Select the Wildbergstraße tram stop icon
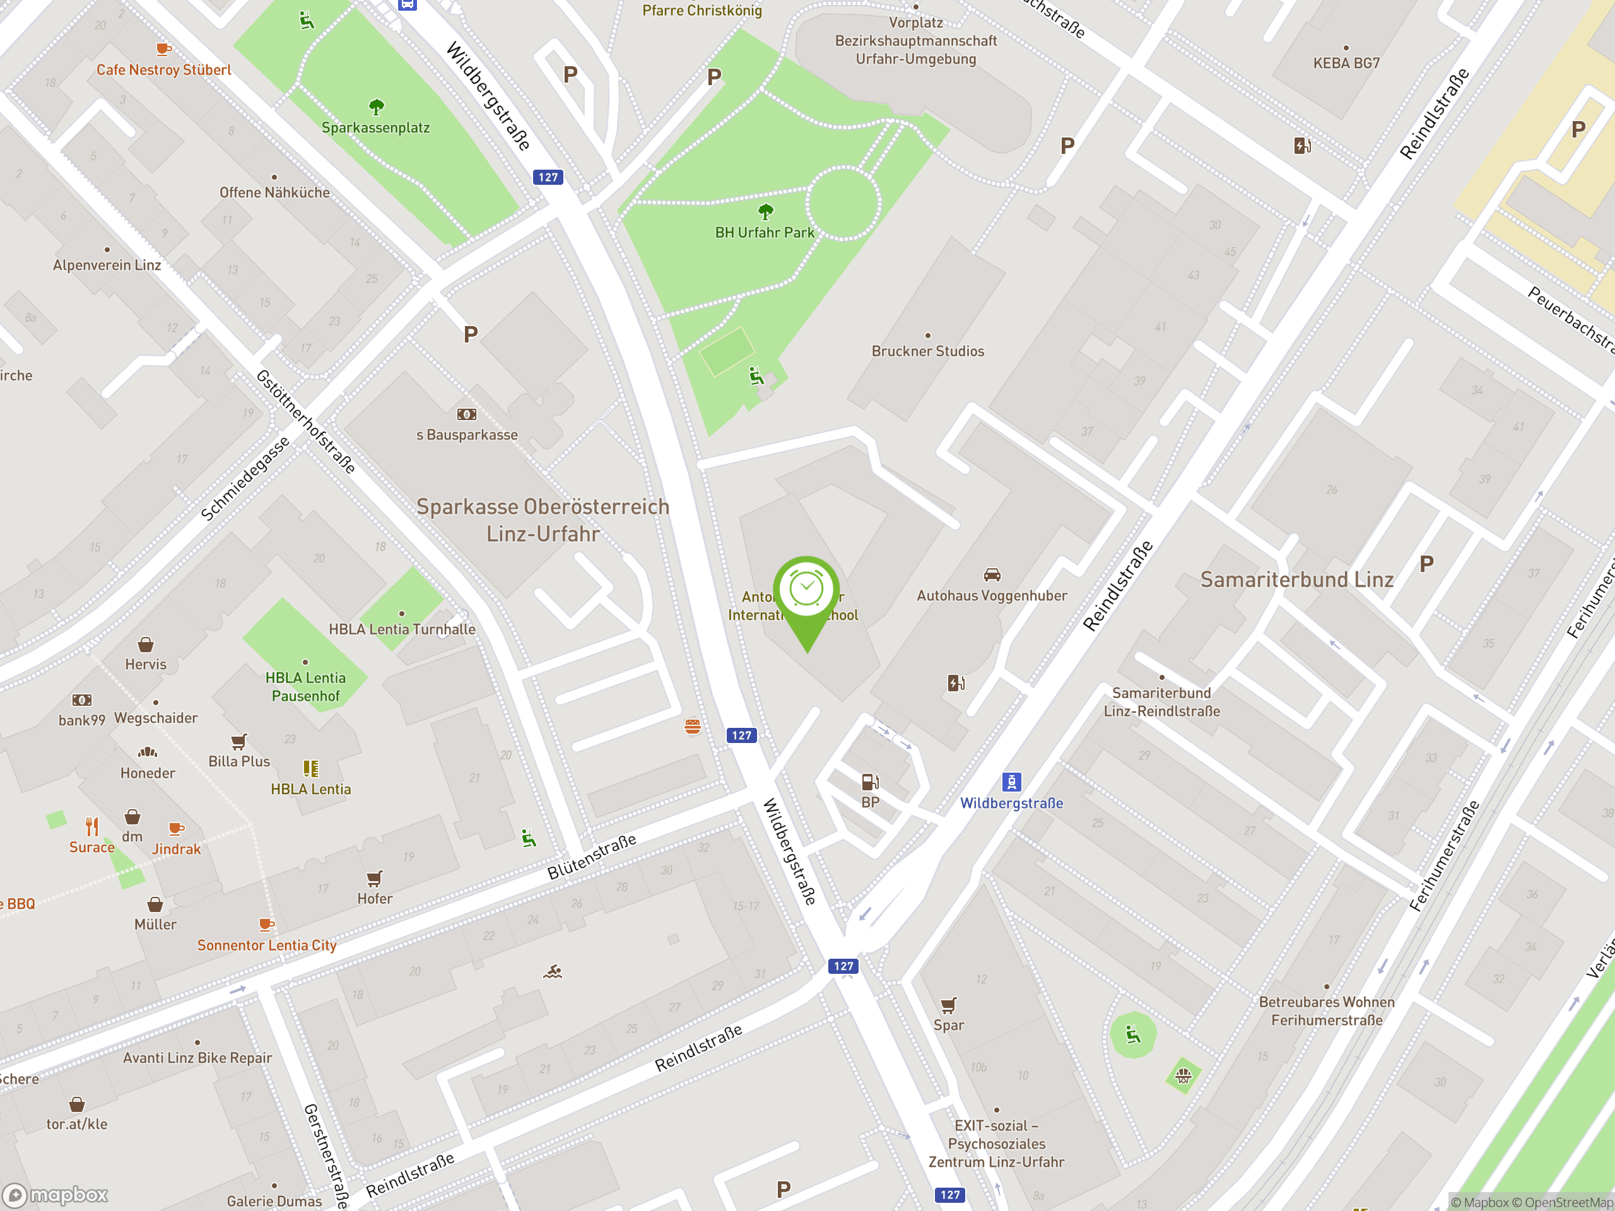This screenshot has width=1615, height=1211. click(x=1011, y=781)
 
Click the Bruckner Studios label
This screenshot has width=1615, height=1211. click(x=927, y=351)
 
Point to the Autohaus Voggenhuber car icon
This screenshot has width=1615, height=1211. click(x=992, y=575)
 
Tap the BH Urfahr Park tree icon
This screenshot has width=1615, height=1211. click(x=765, y=213)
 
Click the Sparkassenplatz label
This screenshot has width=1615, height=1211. click(x=375, y=128)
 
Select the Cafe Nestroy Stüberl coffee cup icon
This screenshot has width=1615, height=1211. click(x=163, y=50)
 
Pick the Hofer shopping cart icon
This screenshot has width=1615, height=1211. click(x=375, y=878)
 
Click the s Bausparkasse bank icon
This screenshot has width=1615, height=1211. click(x=467, y=414)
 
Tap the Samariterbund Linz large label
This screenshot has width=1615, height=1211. click(x=1296, y=580)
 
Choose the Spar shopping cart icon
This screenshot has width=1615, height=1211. click(x=948, y=1005)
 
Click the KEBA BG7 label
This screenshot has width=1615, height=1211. click(x=1346, y=64)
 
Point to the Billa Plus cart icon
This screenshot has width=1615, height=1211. click(x=238, y=742)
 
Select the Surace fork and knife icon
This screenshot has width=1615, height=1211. click(x=92, y=826)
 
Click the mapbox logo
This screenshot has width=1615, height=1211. click(x=56, y=1195)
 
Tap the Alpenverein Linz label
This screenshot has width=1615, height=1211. click(x=107, y=265)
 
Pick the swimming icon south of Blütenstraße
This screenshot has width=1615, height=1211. click(x=553, y=971)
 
